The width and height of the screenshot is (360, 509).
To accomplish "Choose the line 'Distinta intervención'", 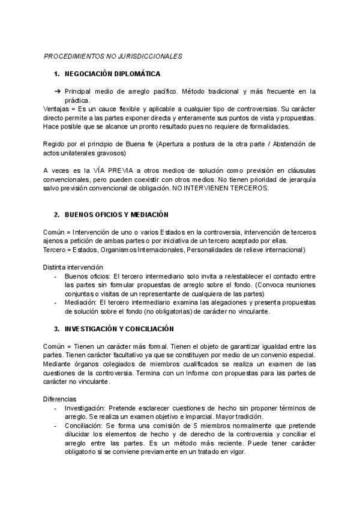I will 74,267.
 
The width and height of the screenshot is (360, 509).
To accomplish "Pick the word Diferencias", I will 61,399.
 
